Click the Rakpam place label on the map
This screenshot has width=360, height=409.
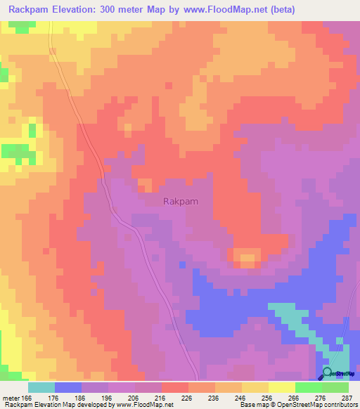coord(180,201)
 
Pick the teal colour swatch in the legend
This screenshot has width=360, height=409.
coord(41,387)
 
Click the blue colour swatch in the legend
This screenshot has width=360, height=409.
coord(67,387)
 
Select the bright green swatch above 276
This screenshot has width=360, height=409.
coord(308,387)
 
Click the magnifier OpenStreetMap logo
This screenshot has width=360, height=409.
coord(328,373)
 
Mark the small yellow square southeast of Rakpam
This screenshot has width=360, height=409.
coord(247,261)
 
